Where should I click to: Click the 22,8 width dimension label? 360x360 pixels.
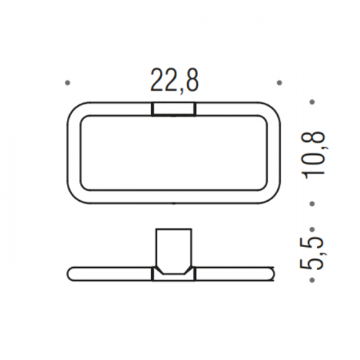tap(175, 81)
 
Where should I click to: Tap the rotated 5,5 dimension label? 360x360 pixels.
tap(311, 253)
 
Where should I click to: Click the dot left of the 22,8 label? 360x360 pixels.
tap(68, 83)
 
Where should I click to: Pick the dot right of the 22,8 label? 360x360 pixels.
tap(279, 83)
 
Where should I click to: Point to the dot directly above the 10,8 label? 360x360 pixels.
tap(312, 102)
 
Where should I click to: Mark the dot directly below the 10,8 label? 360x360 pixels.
tap(312, 204)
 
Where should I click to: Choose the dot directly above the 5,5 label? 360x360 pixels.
tap(312, 229)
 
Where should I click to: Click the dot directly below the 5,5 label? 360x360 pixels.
tap(312, 280)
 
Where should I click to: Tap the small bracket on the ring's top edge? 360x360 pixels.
tap(174, 109)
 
